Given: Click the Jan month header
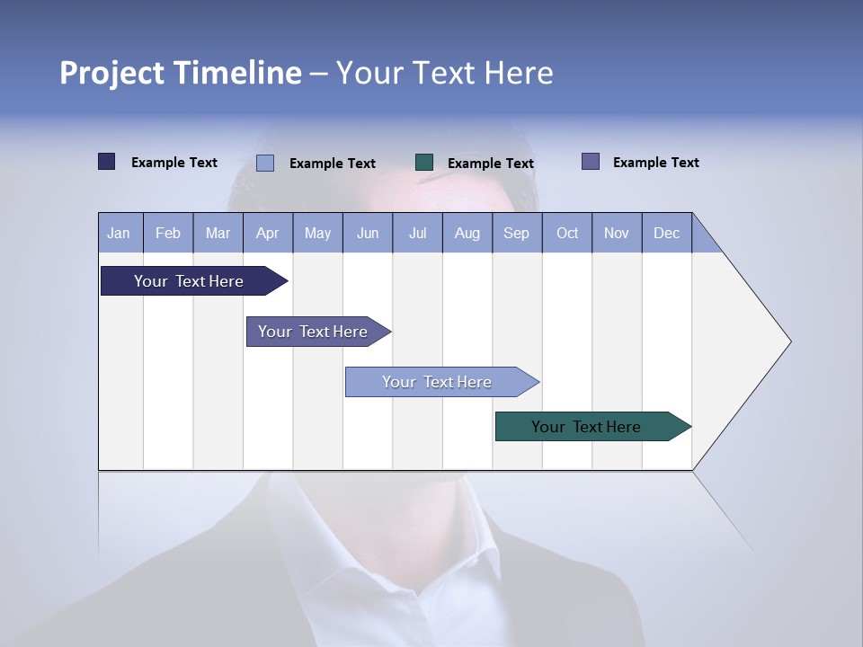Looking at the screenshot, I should [x=120, y=233].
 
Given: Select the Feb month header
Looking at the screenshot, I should [x=168, y=233].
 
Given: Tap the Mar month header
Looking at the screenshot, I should [x=218, y=233].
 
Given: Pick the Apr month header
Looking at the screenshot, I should [x=268, y=233].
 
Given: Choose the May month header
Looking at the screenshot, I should [x=317, y=233].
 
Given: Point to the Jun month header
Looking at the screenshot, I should [x=368, y=233].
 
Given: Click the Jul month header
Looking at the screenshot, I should [x=417, y=233].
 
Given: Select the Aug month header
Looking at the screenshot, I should [x=467, y=233].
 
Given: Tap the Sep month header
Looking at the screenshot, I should [x=517, y=233].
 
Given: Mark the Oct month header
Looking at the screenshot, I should [x=567, y=233].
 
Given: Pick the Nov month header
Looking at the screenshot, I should [x=617, y=233].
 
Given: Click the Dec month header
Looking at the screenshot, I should [x=667, y=233].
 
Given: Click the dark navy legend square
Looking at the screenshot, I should [x=107, y=162].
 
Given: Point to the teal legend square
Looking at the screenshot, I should [x=424, y=163].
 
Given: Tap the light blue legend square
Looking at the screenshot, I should [x=265, y=163].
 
